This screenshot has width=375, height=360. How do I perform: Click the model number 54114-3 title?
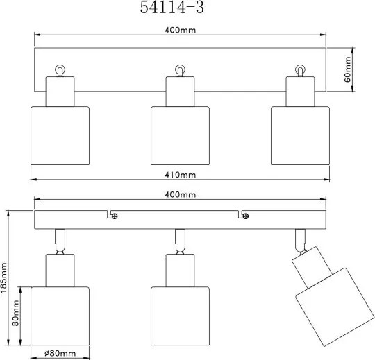172,7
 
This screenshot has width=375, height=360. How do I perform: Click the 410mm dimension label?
181,175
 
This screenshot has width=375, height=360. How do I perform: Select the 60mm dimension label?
347,69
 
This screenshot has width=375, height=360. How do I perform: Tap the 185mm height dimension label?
4,277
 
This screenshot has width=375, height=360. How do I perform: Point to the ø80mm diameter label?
60,353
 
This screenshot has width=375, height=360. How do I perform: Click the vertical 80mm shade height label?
15,313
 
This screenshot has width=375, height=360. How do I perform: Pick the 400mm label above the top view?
181,30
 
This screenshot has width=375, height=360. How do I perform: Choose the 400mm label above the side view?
181,195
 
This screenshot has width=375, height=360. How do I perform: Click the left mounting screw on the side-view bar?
115,216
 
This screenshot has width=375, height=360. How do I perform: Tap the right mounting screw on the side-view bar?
246,216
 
